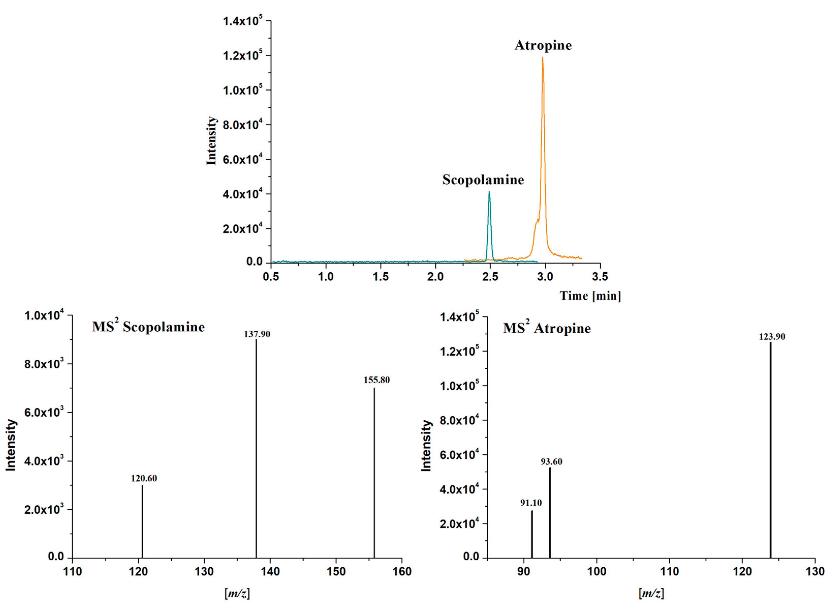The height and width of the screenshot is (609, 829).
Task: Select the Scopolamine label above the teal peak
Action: pyautogui.click(x=483, y=180)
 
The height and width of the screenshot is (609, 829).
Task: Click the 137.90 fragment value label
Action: pyautogui.click(x=257, y=334)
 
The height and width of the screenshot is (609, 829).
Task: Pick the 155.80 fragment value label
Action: pyautogui.click(x=376, y=380)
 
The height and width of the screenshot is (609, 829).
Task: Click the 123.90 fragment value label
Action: pyautogui.click(x=772, y=337)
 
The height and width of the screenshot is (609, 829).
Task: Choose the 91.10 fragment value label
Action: pyautogui.click(x=531, y=503)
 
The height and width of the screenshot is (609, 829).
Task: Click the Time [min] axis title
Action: pyautogui.click(x=590, y=296)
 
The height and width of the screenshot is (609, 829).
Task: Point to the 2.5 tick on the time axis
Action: pyautogui.click(x=490, y=277)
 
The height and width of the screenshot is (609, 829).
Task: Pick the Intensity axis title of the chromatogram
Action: pyautogui.click(x=211, y=141)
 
